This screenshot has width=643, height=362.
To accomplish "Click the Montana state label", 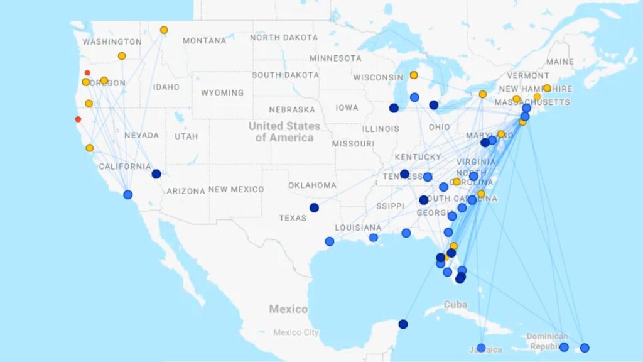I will click(204, 41).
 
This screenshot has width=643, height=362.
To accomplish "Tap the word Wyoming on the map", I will click(222, 93).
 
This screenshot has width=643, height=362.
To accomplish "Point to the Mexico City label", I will click(295, 332).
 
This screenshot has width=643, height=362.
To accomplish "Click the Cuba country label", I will click(456, 305).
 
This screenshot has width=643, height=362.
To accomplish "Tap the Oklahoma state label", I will click(312, 185).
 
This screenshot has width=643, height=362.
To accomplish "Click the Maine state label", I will click(559, 62).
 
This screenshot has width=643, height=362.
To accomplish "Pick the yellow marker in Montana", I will click(164, 30).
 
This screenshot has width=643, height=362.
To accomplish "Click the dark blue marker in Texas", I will click(314, 207).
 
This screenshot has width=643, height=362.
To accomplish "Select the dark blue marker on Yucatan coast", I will click(403, 324).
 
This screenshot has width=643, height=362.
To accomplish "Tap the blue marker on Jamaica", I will click(481, 348).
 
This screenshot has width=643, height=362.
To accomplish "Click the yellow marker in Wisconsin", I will click(414, 75).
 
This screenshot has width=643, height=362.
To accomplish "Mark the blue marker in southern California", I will click(128, 195).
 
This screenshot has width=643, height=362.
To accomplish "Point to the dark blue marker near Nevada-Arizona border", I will click(156, 174).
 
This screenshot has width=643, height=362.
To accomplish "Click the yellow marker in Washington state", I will click(122, 56).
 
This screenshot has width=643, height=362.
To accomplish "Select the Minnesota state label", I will click(335, 58).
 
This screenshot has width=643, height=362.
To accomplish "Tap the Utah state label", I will click(186, 136).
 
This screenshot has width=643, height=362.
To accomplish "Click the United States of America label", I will click(284, 131).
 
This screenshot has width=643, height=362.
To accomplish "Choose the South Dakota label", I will click(285, 75).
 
